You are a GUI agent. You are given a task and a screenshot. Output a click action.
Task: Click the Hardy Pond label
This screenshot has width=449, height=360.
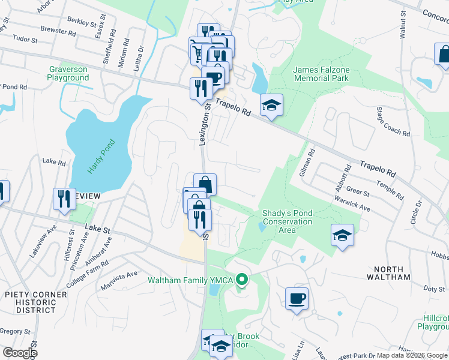pyautogui.click(x=92, y=157)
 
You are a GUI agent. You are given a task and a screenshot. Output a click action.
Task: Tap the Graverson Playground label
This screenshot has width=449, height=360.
pyautogui.click(x=68, y=74)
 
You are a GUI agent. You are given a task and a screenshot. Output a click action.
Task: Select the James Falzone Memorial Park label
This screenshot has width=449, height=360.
pyautogui.click(x=321, y=74)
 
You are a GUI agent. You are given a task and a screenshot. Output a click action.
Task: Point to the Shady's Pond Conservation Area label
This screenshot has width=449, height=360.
pyautogui.click(x=287, y=217)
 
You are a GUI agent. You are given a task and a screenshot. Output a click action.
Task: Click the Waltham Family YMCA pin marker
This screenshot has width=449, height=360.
pyautogui.click(x=242, y=279)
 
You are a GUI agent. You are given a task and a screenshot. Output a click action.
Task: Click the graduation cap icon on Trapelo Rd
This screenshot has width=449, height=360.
pyautogui.click(x=271, y=105)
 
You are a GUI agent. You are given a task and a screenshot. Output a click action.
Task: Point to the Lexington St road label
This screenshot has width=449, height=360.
pyautogui.click(x=203, y=124)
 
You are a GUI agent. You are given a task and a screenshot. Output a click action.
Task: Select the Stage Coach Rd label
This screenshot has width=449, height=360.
pyautogui.click(x=385, y=121)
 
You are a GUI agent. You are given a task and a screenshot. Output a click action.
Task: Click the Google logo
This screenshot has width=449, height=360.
pyautogui.click(x=19, y=353)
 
